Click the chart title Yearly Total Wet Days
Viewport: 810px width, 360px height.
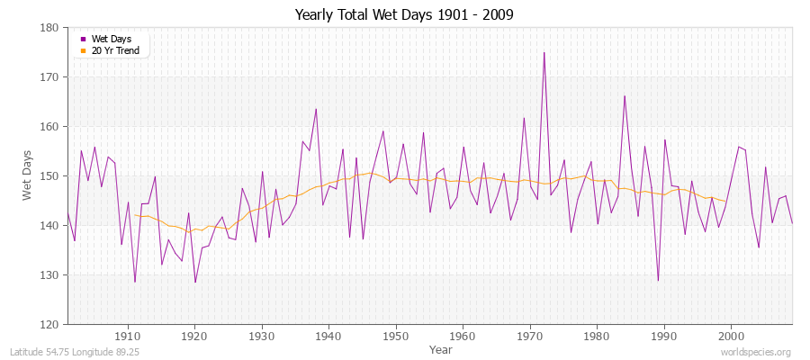[x=405, y=15]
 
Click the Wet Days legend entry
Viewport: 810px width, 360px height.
[x=111, y=39]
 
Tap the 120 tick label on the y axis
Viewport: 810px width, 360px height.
[x=50, y=324]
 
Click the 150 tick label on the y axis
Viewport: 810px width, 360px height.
[x=50, y=175]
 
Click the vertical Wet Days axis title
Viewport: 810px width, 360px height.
[x=28, y=175]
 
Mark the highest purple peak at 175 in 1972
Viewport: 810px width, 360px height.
[x=544, y=52]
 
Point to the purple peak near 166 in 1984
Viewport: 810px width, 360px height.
[x=624, y=96]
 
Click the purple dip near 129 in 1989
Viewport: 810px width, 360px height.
[x=658, y=281]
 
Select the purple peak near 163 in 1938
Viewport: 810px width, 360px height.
[x=316, y=109]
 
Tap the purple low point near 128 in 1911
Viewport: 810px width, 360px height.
[x=135, y=282]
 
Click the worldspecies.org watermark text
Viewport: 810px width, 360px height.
[x=757, y=352]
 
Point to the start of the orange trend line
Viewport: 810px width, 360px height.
[x=135, y=214]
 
